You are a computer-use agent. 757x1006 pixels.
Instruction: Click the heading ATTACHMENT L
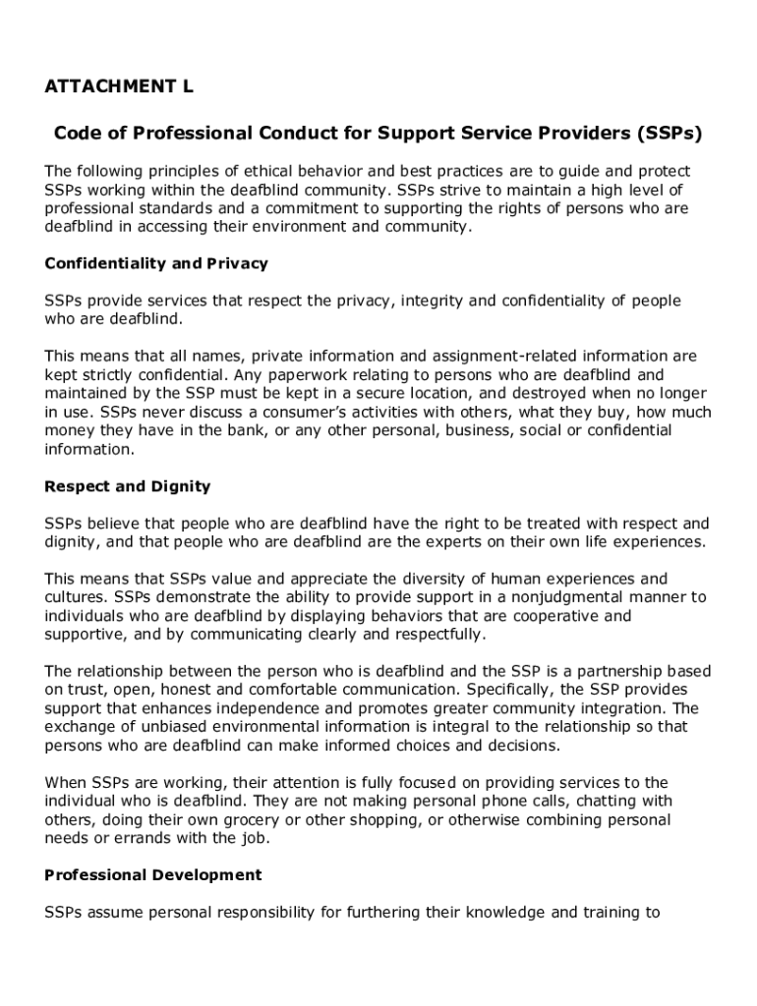pos(119,87)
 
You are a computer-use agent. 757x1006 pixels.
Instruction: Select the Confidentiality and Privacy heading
pos(156,264)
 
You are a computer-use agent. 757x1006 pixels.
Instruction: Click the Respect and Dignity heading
pos(128,487)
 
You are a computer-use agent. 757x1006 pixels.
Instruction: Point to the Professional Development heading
pos(153,875)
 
